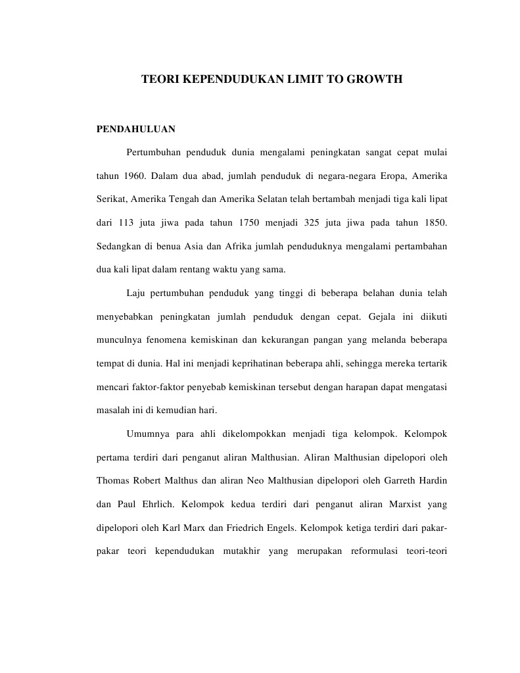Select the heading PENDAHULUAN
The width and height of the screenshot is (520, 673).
(136, 129)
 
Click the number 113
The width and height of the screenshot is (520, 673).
(126, 222)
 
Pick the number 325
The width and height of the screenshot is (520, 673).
(313, 222)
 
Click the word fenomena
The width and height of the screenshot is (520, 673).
(161, 339)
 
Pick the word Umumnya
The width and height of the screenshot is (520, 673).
(146, 434)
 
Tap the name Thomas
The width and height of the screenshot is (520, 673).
(112, 480)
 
